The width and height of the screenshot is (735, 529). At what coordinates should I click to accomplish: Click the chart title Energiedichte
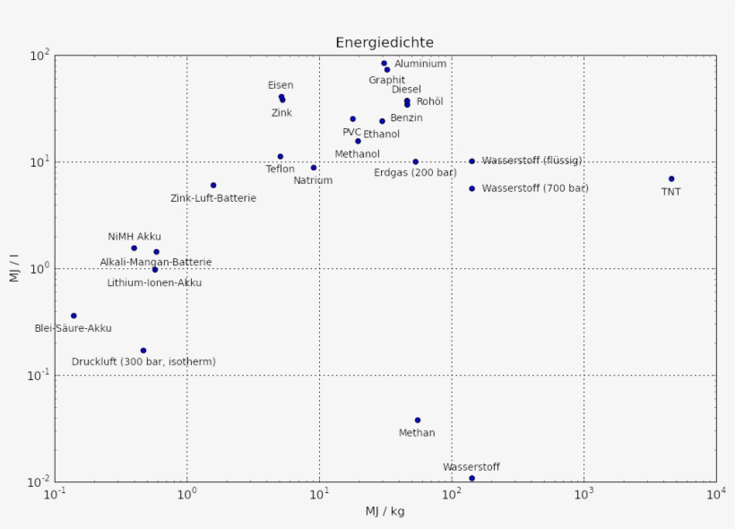click(385, 42)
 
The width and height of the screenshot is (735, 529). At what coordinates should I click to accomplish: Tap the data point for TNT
click(671, 179)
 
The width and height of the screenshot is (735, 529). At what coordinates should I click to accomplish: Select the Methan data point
click(418, 421)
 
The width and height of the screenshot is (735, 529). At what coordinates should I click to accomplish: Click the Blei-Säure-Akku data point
click(73, 316)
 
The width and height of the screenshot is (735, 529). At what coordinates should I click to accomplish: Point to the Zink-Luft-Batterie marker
click(213, 186)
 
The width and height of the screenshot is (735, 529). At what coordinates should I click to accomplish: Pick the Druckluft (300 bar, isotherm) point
click(143, 351)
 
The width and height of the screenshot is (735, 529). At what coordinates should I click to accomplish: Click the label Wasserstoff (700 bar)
click(535, 188)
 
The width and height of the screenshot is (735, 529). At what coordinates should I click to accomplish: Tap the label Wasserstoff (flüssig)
click(532, 160)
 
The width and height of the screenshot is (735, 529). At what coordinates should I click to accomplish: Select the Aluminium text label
click(420, 65)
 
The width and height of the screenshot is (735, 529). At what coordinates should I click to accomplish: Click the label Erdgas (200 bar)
click(415, 172)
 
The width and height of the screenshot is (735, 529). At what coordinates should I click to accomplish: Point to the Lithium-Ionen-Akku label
click(154, 283)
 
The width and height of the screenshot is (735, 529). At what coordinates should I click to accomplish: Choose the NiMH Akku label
click(134, 237)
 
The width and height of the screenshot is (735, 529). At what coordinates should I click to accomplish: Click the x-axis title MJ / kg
click(385, 512)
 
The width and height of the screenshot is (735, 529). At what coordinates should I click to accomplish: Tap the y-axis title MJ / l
click(14, 268)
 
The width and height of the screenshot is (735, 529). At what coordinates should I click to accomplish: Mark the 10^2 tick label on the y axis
click(39, 56)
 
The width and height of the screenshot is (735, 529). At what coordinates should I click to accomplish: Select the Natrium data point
click(314, 168)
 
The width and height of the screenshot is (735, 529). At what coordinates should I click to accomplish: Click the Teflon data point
click(281, 157)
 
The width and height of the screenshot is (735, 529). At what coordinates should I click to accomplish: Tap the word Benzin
click(406, 118)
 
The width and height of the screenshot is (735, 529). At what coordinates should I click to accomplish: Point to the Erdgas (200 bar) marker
click(416, 162)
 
